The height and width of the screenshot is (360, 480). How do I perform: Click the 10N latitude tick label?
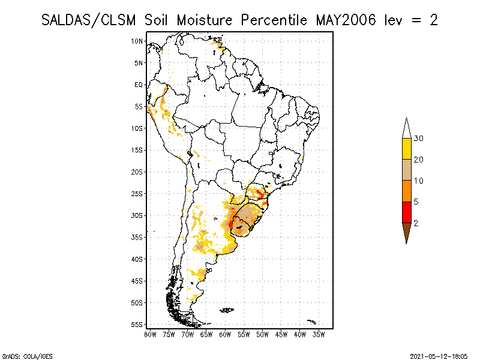(137, 41)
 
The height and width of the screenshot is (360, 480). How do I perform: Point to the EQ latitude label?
(139, 85)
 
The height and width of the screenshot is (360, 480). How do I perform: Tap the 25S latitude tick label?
(137, 194)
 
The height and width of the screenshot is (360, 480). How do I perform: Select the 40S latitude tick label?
(137, 259)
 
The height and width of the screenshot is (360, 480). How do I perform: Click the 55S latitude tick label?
(137, 325)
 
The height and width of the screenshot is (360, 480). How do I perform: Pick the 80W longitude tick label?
(150, 334)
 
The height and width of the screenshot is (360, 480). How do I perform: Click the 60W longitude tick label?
(225, 334)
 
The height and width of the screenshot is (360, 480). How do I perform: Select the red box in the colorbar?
(406, 212)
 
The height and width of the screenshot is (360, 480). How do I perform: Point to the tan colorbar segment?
(406, 170)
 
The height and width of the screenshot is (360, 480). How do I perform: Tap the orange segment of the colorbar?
(406, 191)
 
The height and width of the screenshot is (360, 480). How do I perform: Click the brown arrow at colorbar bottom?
(406, 232)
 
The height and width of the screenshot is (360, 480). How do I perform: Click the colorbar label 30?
(419, 139)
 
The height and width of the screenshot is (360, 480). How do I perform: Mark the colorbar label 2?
(416, 223)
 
